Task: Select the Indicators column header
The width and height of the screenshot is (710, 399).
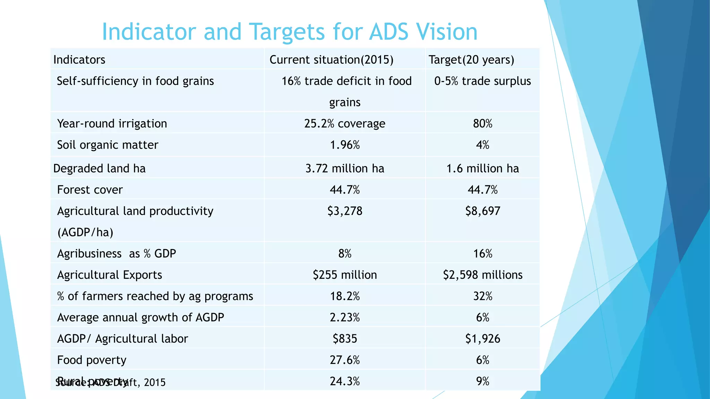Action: (79, 60)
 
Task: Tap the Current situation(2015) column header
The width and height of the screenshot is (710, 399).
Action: (331, 60)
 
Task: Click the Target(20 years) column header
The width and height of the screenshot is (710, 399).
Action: (471, 60)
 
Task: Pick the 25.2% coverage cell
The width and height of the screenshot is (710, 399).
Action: (345, 124)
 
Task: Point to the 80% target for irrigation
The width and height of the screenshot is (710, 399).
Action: (483, 124)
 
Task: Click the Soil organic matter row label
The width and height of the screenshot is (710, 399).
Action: (107, 145)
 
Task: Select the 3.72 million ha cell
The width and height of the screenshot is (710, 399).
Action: (345, 168)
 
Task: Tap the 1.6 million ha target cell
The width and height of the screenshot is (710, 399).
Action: (483, 168)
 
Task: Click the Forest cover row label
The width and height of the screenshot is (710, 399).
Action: (90, 190)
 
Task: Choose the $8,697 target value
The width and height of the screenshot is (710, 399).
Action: (483, 211)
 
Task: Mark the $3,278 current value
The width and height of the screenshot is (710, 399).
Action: (345, 211)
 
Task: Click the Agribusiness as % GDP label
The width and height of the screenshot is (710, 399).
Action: (116, 254)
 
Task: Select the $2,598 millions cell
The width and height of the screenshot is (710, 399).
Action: (483, 275)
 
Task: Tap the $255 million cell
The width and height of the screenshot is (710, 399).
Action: (345, 275)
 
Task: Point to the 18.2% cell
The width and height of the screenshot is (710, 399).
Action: (345, 296)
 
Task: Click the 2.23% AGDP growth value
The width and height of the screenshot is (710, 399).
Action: (345, 317)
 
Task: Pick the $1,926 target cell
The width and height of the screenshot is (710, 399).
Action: (483, 339)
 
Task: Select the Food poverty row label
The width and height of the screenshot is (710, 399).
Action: (92, 360)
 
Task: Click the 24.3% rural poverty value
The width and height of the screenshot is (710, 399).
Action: (345, 381)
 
